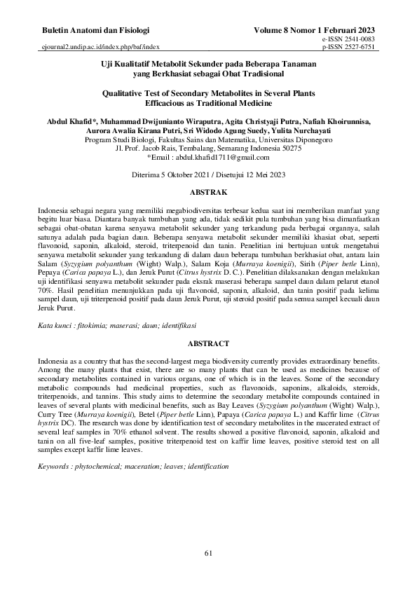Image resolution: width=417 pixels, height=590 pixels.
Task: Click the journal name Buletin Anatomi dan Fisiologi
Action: [x=96, y=32]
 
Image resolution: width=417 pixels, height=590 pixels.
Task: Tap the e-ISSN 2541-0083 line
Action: [x=348, y=41]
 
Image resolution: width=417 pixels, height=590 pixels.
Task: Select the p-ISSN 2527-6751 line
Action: [x=348, y=49]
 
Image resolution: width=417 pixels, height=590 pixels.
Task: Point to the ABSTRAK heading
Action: [x=208, y=191]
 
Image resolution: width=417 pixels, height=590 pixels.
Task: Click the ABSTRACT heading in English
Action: [x=208, y=344]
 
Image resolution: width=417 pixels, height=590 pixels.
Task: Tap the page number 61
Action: [x=208, y=554]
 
